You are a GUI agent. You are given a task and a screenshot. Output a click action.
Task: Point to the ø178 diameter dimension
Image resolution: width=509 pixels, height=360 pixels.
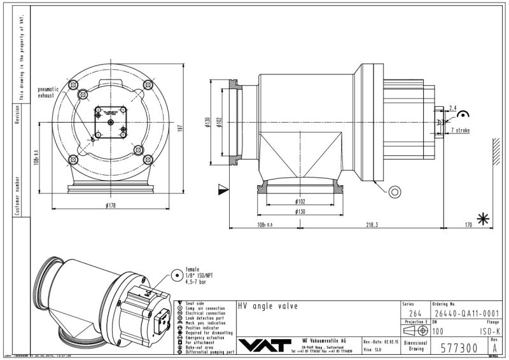[111, 204]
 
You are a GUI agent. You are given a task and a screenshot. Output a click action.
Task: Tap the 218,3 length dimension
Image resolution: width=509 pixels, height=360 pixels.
[372, 225]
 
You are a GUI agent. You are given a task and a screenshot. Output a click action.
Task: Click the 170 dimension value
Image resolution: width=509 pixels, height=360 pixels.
[468, 225]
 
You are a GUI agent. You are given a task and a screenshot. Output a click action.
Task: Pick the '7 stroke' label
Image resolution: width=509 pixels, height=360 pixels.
[461, 130]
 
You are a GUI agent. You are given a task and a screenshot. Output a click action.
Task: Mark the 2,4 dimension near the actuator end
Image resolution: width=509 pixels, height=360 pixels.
[453, 107]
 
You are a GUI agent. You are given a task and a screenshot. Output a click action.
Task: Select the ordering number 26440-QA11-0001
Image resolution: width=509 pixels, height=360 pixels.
[466, 313]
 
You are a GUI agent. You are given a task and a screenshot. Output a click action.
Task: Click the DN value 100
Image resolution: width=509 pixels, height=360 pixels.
[438, 331]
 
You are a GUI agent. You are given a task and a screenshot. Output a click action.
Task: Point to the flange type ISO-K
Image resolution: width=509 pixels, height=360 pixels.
[489, 331]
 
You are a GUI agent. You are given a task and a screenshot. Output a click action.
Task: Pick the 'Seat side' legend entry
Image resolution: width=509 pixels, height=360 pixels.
[195, 303]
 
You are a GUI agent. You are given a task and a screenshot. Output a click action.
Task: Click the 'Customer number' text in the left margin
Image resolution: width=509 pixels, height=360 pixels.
[18, 190]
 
